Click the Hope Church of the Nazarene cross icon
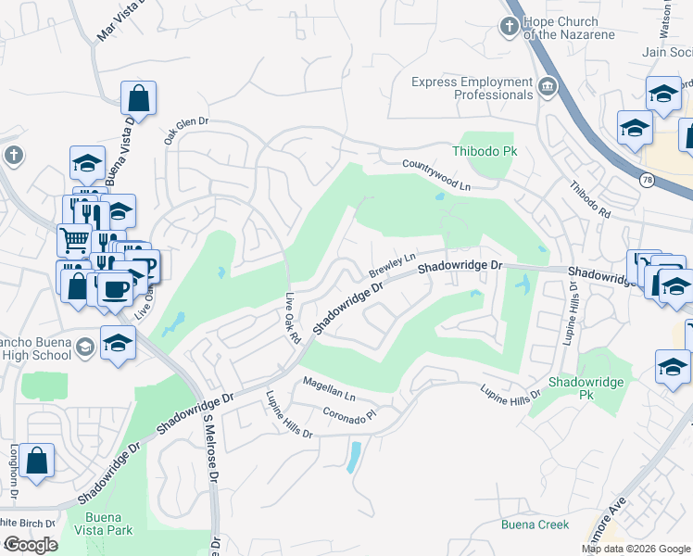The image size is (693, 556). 509,26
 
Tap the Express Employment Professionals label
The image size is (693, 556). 472,88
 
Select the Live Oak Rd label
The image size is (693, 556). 293,321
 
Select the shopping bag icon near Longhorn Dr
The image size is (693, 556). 36,461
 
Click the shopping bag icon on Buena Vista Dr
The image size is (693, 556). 138,97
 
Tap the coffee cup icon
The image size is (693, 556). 115,287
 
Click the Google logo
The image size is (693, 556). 31,545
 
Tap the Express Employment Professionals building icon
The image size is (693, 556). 548,88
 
